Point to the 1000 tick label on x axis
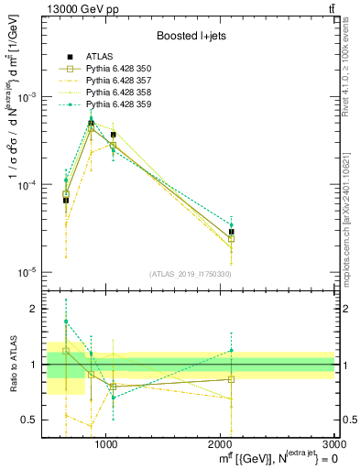[x=105, y=443]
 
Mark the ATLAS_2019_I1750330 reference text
[x=191, y=274]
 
